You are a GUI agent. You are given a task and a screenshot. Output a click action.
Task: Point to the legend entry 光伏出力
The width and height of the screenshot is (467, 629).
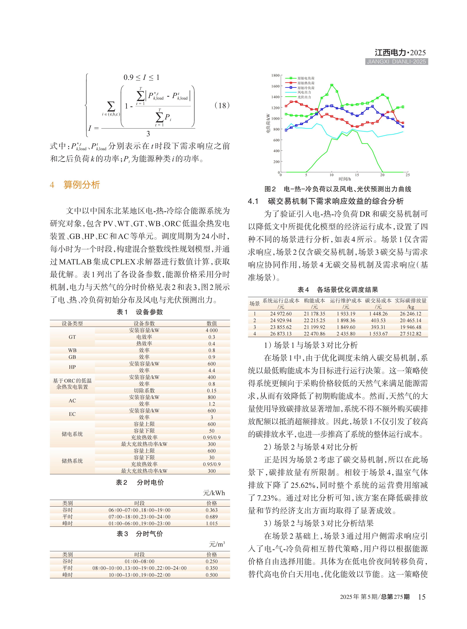tap(304, 97)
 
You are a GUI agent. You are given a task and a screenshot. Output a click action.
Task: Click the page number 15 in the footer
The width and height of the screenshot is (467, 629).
tap(422, 597)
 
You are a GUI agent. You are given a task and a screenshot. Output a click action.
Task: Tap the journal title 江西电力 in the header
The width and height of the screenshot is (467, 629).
tap(390, 53)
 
